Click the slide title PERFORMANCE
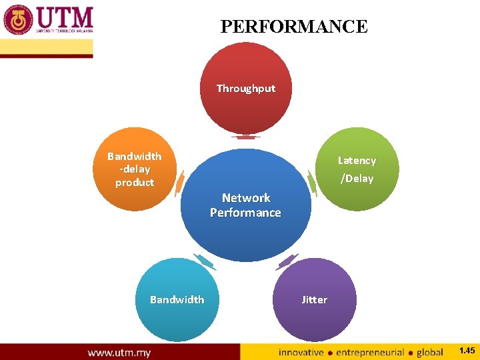coord(293,27)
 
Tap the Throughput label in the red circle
coord(245,89)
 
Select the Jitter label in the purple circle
coord(314,300)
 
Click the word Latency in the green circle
coord(357,161)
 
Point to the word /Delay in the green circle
coord(357,179)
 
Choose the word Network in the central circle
coord(246,198)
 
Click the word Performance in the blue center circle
coord(245,213)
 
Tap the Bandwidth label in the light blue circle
coord(177,300)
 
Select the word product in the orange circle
coord(135,183)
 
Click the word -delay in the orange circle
coord(135,169)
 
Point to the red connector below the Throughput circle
coord(246,137)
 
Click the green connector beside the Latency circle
coord(311,182)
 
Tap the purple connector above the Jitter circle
coord(287,261)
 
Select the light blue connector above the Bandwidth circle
coord(204,261)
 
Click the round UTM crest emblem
coord(18,21)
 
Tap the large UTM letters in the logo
coord(65,17)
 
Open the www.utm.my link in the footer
coord(119,352)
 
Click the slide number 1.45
coord(467,351)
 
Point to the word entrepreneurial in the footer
coord(371,352)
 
